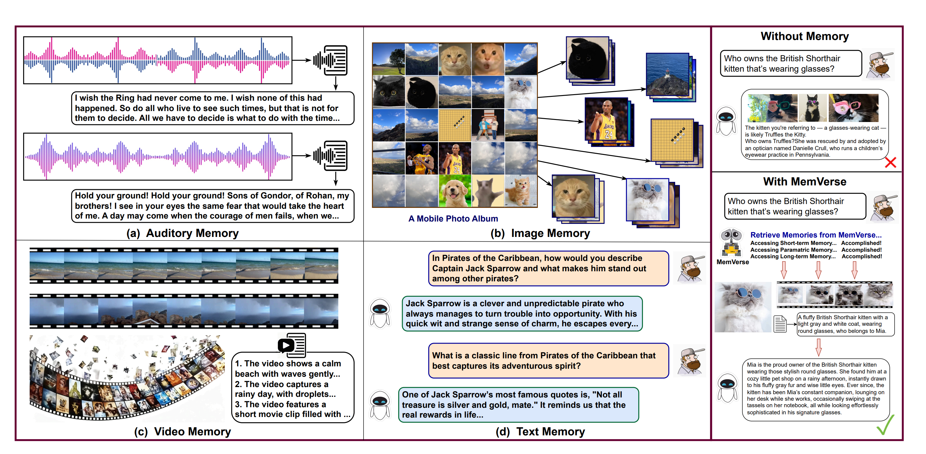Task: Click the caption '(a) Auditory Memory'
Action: tap(182, 233)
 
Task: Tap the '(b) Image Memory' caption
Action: tap(540, 233)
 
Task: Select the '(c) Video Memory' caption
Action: tap(182, 431)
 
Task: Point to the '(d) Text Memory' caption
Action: tap(540, 431)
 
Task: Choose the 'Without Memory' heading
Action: tap(804, 36)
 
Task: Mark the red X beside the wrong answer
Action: tap(890, 163)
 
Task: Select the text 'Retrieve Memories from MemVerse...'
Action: tap(816, 235)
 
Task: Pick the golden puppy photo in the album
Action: tap(454, 191)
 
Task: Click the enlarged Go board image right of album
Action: tap(672, 140)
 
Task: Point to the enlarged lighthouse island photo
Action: tap(667, 75)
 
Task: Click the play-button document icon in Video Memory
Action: tap(291, 345)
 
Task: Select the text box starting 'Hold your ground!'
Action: tap(212, 206)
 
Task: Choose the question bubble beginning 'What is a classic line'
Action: tap(548, 361)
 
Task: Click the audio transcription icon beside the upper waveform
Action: tap(330, 60)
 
